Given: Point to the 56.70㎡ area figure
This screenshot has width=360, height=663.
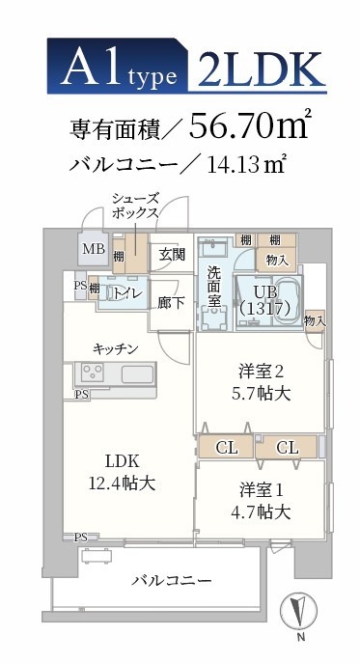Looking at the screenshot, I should [250, 126].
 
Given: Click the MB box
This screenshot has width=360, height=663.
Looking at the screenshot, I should [93, 249].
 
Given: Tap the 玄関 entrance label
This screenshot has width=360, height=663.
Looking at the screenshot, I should [172, 255].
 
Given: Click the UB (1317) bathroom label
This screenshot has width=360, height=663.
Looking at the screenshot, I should [271, 299].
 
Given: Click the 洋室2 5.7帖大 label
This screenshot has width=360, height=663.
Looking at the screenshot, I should [263, 382].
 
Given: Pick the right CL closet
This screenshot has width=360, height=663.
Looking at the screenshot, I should [289, 448].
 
